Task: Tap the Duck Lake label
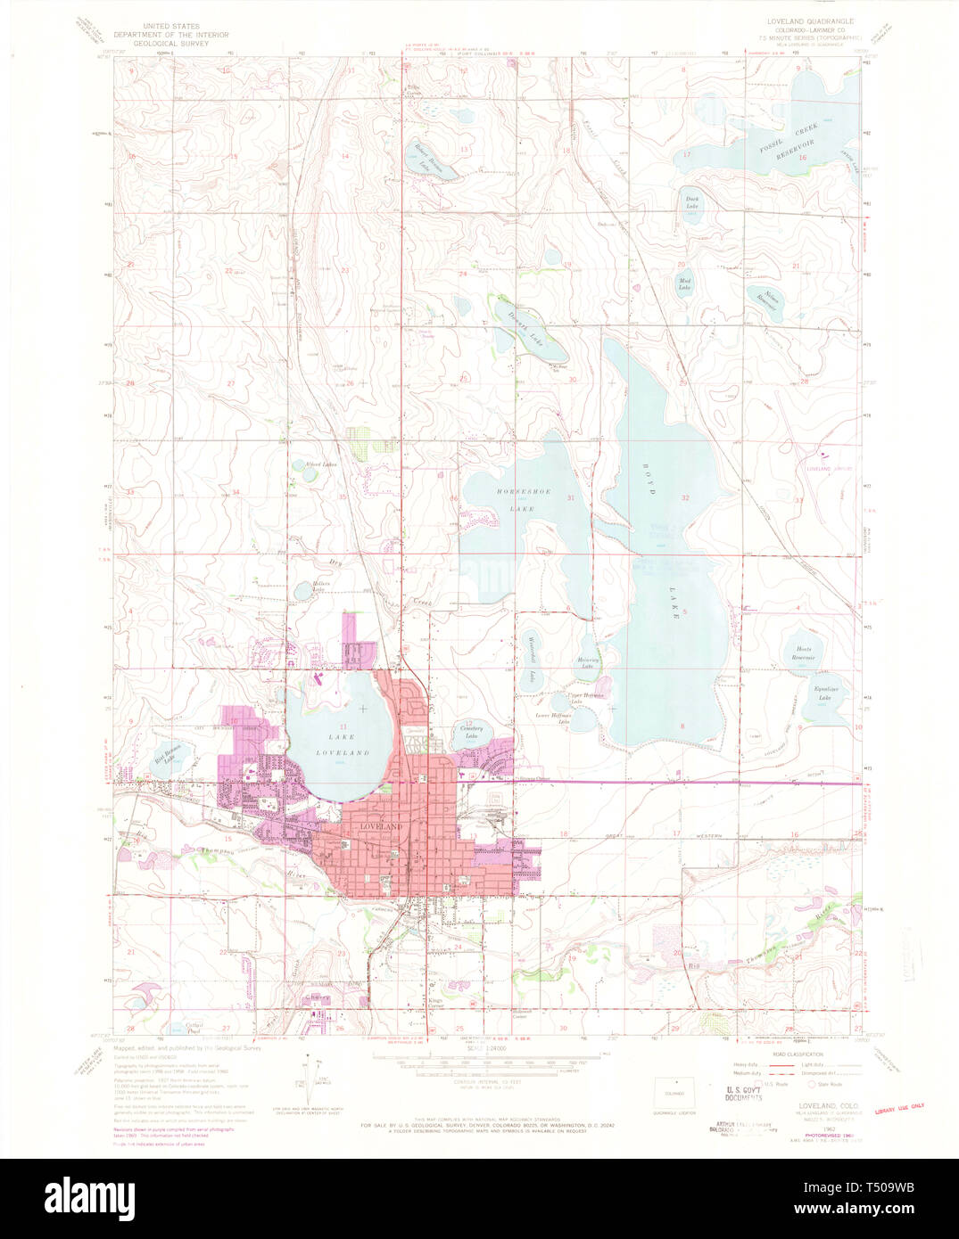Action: pos(691,202)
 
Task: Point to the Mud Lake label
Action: pos(684,284)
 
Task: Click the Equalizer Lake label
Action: pos(815,693)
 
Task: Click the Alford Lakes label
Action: pos(320,464)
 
